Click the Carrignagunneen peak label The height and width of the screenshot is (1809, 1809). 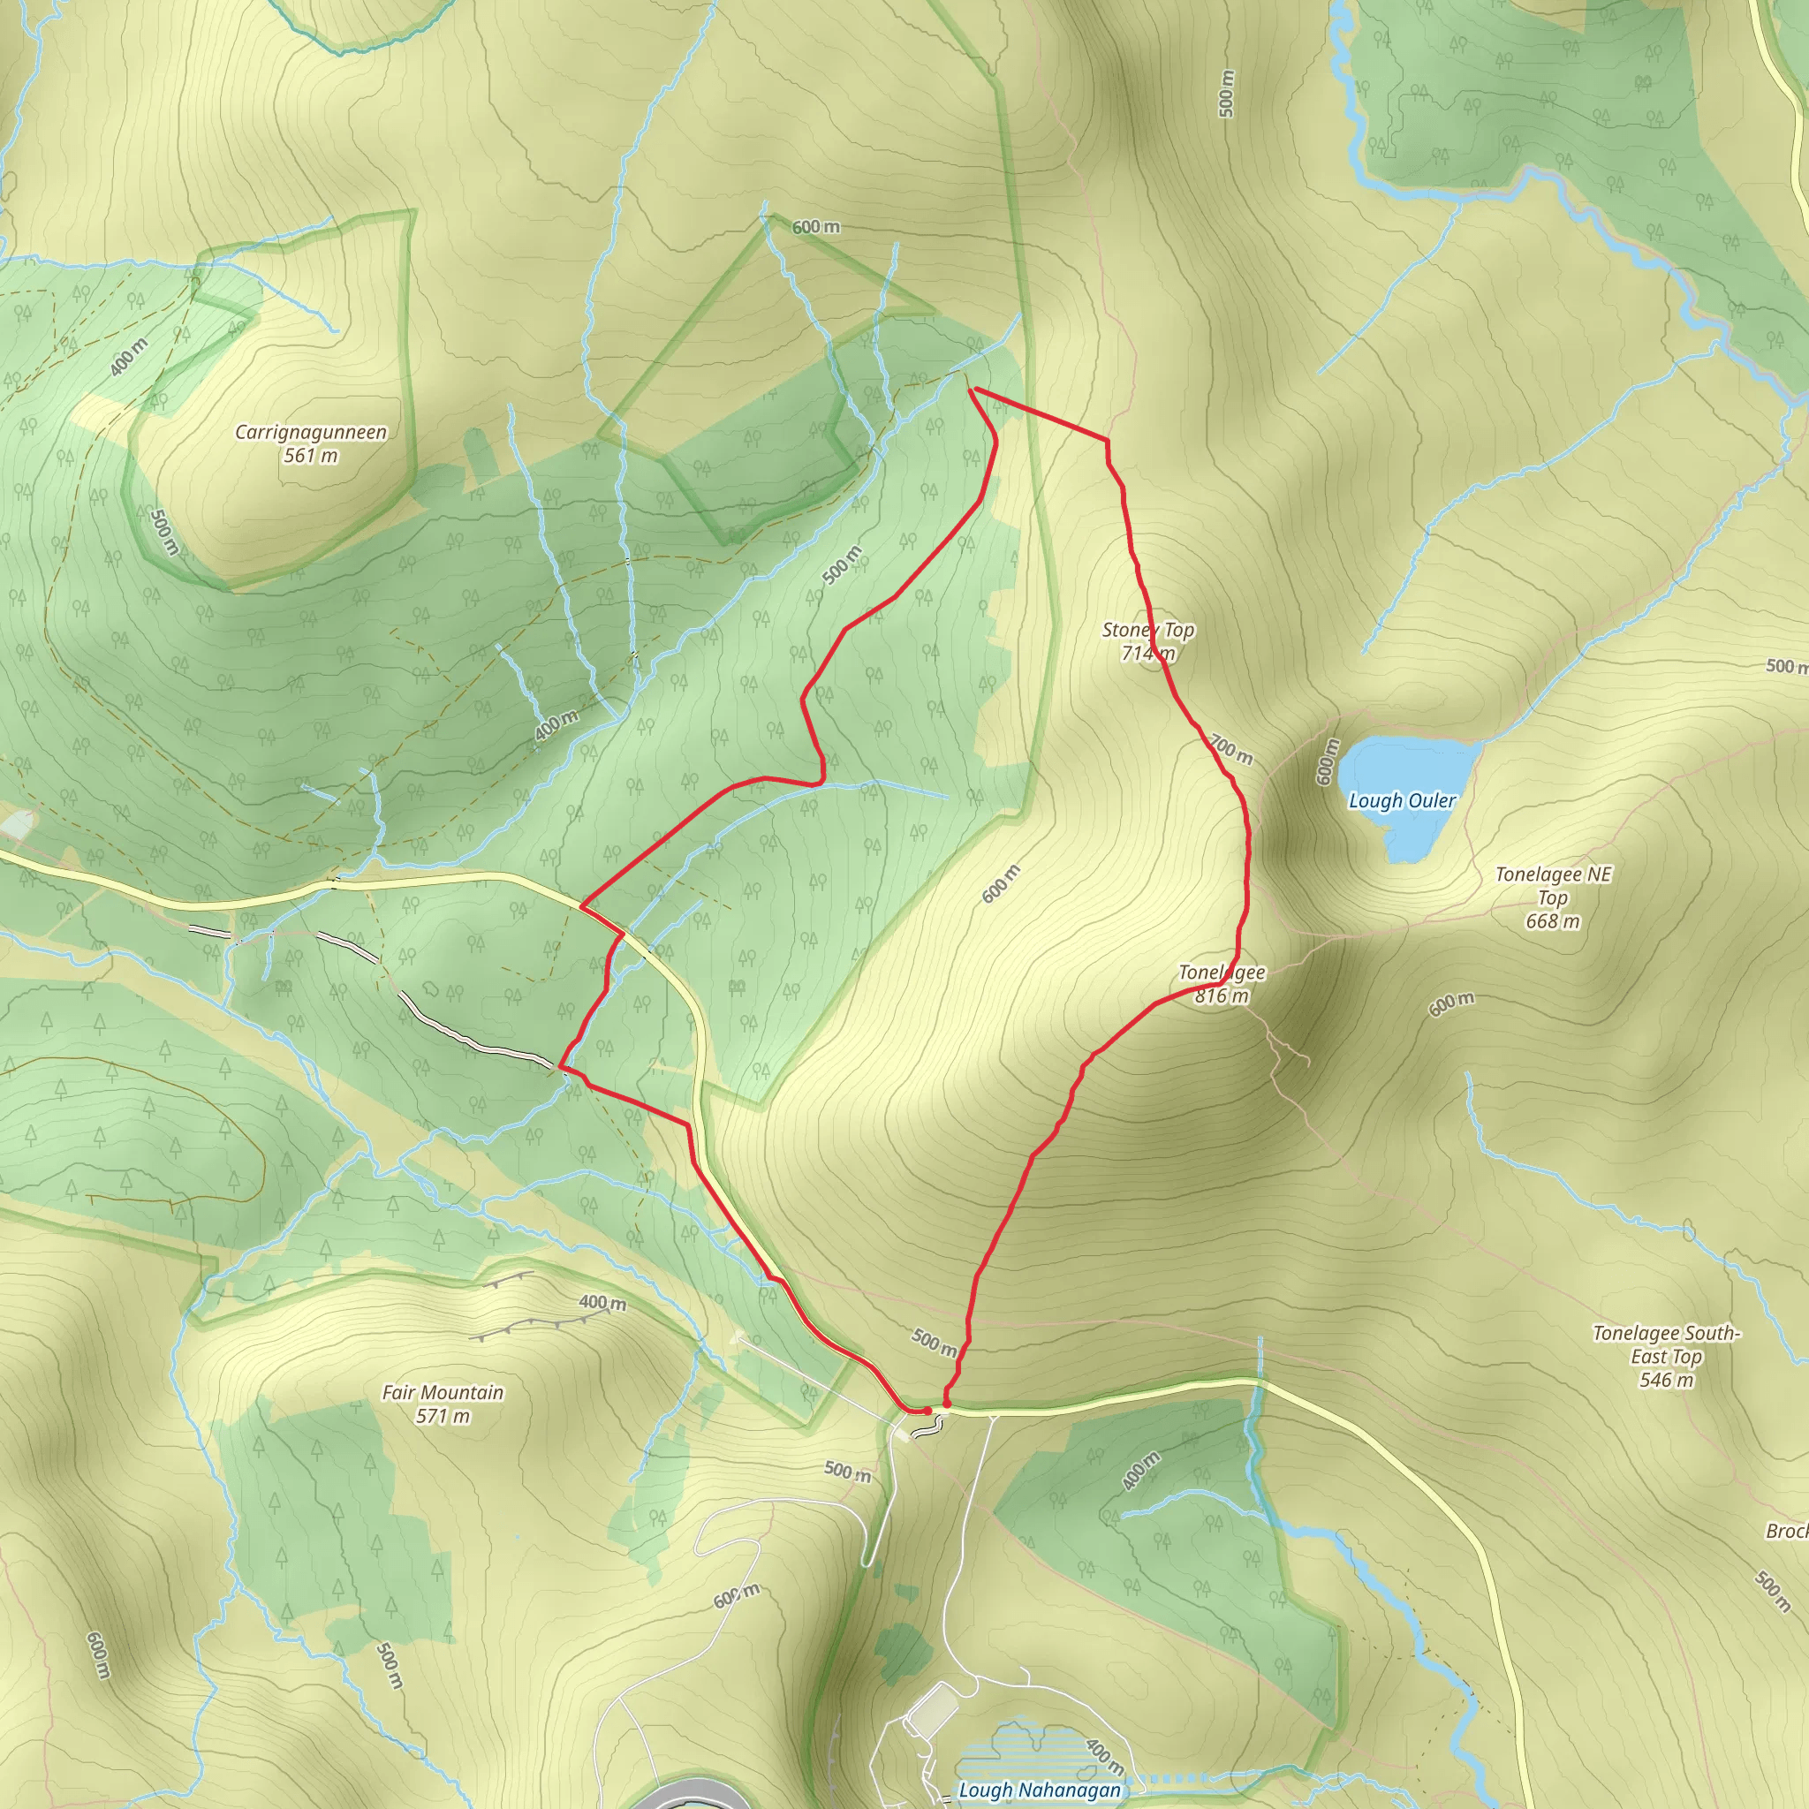pyautogui.click(x=310, y=433)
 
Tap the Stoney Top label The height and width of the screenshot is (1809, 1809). pyautogui.click(x=1148, y=630)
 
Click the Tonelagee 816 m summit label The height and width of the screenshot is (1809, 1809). pyautogui.click(x=1221, y=984)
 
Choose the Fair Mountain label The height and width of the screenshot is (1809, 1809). pyautogui.click(x=443, y=1392)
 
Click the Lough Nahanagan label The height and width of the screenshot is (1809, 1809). pyautogui.click(x=1040, y=1790)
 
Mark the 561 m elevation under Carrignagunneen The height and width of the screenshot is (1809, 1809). pyautogui.click(x=310, y=456)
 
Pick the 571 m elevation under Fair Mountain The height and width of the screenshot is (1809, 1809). pyautogui.click(x=443, y=1416)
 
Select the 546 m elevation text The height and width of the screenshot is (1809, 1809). pyautogui.click(x=1667, y=1379)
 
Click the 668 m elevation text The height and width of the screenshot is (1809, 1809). pyautogui.click(x=1554, y=921)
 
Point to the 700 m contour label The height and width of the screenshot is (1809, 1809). pyautogui.click(x=1230, y=749)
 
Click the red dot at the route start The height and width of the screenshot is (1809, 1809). pyautogui.click(x=927, y=1410)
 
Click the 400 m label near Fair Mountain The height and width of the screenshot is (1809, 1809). pyautogui.click(x=602, y=1303)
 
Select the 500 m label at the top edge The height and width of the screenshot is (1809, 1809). pyautogui.click(x=1227, y=94)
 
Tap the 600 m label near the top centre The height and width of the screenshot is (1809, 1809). pyautogui.click(x=815, y=227)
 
